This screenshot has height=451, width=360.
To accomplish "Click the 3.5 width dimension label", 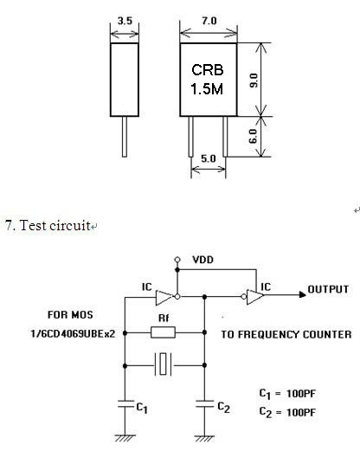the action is click(125, 21).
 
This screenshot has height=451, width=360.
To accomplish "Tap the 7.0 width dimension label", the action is click(209, 21).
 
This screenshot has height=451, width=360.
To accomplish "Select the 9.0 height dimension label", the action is click(254, 81).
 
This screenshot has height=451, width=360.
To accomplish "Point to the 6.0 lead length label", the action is click(253, 136).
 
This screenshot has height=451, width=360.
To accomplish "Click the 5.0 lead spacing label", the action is click(209, 158).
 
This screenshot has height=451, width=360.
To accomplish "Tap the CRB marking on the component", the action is click(208, 70).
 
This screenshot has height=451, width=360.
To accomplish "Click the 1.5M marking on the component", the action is click(207, 88).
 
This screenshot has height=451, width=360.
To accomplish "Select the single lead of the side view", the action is click(125, 137).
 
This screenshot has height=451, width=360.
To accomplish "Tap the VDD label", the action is click(203, 260).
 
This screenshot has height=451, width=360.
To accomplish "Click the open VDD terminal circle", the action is click(177, 260).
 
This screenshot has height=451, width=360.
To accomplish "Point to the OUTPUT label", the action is click(328, 289).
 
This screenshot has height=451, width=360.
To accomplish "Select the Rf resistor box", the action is click(163, 332).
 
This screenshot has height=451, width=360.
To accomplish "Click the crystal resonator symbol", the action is click(164, 364).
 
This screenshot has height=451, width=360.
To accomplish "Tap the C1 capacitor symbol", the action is click(125, 403).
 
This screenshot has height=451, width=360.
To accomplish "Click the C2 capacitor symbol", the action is click(204, 403).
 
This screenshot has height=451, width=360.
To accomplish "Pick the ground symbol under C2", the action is click(204, 439).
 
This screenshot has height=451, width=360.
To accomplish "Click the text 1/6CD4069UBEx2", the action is click(73, 334).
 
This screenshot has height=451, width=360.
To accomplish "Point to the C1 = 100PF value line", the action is click(287, 394).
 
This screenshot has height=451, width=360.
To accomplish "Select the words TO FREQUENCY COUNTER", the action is click(286, 334).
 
